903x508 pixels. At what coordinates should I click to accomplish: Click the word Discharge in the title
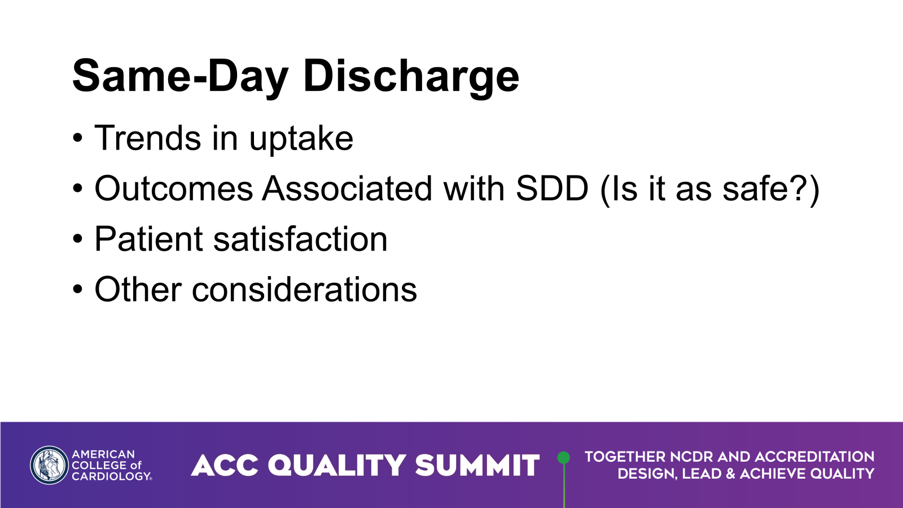[x=411, y=76]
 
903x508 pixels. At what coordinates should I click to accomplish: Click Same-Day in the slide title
[x=180, y=76]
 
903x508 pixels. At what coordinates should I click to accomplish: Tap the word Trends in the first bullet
[x=147, y=138]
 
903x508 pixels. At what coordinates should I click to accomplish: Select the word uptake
[x=301, y=139]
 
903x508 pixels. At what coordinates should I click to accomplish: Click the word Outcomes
[x=173, y=189]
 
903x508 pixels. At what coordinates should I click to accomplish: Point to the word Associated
[x=347, y=189]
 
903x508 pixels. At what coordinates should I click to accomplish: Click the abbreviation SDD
[x=552, y=189]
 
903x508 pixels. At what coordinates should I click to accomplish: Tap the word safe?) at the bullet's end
[x=771, y=189]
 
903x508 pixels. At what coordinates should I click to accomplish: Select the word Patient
[x=148, y=239]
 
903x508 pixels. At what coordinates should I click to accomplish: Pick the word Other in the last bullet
[x=138, y=290]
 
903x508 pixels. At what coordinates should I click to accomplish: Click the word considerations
[x=304, y=290]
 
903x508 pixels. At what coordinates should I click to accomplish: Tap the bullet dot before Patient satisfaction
[x=78, y=240]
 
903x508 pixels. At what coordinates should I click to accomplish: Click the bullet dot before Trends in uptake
[x=78, y=139]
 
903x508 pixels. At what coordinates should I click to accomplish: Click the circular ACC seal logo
[x=49, y=465]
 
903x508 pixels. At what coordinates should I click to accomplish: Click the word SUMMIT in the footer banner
[x=477, y=466]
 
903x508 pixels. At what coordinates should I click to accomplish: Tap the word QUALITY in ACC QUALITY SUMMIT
[x=336, y=466]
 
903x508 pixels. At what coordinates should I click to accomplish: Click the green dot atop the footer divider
[x=563, y=457]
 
